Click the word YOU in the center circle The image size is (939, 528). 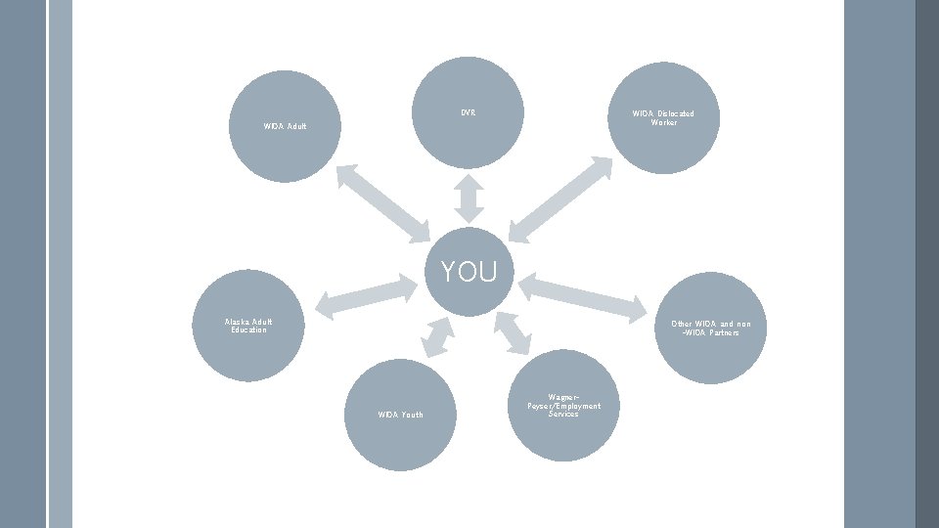[469, 272]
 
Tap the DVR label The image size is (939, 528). [469, 112]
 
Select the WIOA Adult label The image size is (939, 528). [285, 126]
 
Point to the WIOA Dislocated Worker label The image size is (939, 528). [662, 117]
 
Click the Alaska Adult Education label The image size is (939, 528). [248, 326]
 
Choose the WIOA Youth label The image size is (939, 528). [400, 415]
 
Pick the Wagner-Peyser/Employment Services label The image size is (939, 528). [563, 405]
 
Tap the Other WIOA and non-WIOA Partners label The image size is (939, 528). [718, 328]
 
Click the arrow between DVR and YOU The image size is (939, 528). [469, 198]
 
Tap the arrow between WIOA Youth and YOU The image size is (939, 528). [437, 335]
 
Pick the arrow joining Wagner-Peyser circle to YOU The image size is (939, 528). [512, 332]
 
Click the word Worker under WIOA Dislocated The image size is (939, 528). [662, 122]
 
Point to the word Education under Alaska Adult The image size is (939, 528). [248, 330]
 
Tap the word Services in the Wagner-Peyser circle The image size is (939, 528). [563, 414]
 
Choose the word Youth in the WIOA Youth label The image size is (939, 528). [412, 415]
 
